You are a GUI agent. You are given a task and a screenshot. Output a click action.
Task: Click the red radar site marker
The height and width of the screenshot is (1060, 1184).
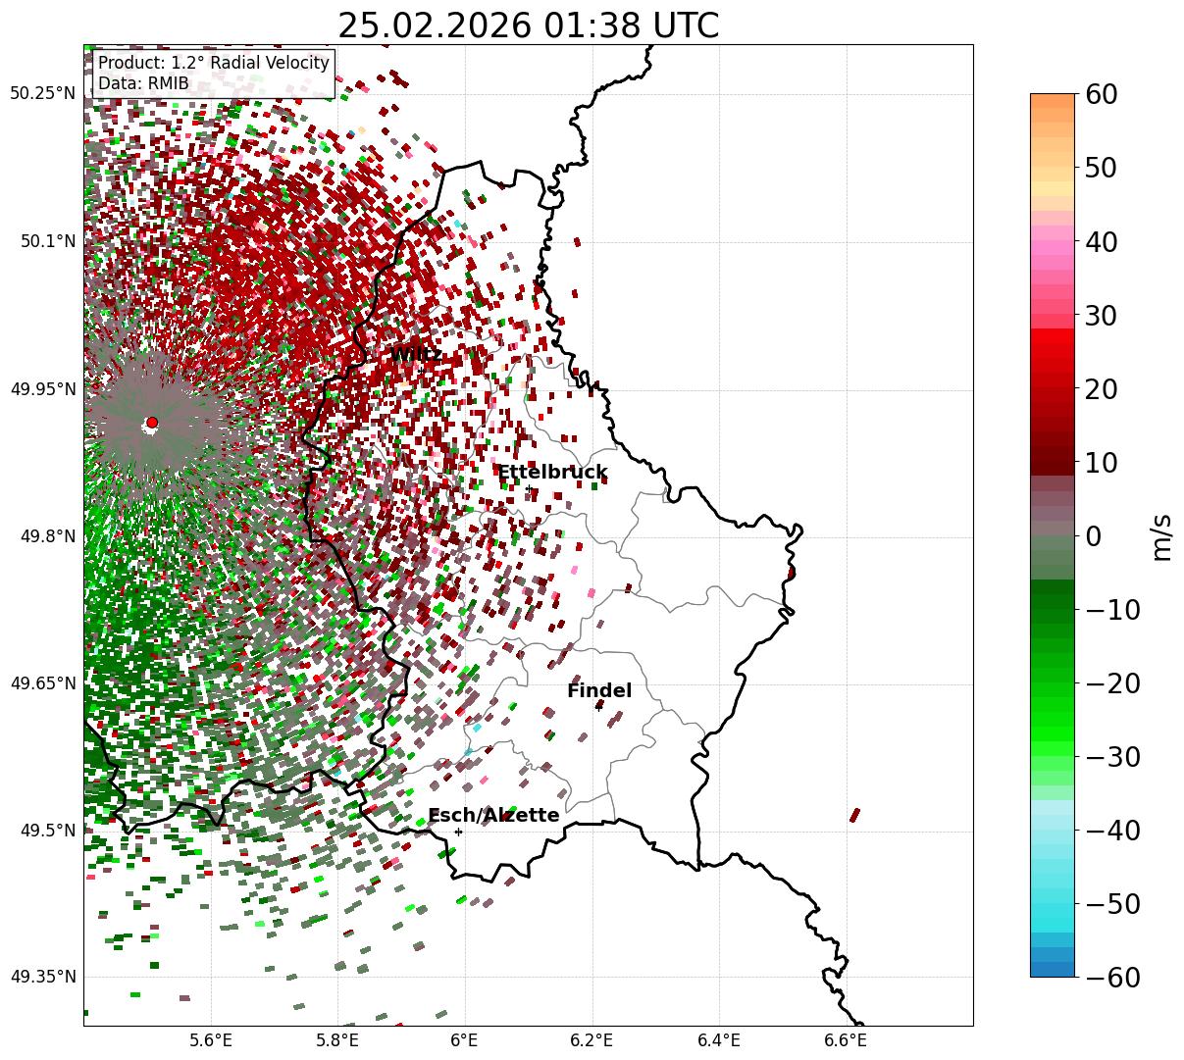point(152,423)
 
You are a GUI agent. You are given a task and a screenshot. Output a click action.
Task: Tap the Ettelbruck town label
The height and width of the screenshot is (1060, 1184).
point(552,473)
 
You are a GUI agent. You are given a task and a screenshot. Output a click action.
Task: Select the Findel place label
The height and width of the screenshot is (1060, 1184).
point(599,691)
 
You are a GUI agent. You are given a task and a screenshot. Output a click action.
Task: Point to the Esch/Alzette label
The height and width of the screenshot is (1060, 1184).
point(493,816)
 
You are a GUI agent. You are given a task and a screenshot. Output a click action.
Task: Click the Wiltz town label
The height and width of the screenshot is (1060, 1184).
point(416,354)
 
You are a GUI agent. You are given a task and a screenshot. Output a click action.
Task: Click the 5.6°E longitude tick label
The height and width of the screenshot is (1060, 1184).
point(211,1040)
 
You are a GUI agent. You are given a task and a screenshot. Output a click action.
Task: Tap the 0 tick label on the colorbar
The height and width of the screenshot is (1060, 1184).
point(1095,536)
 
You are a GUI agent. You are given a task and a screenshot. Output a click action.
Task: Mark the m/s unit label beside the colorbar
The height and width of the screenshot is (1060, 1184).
point(1161,536)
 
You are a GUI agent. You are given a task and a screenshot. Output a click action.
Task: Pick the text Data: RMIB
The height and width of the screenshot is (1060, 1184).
point(143,83)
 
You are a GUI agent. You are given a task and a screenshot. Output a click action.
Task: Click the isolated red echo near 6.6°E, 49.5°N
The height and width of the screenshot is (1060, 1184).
point(854,815)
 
